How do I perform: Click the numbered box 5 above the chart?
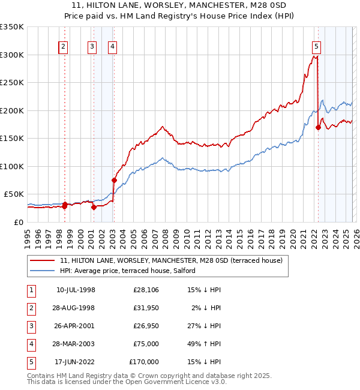tap(316, 47)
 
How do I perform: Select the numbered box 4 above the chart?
tap(113, 47)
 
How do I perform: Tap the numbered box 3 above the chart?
tap(92, 47)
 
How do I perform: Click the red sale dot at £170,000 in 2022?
tap(318, 127)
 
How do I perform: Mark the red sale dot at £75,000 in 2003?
tap(114, 180)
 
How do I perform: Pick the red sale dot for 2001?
tap(94, 207)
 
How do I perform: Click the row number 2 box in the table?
tap(29, 308)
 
